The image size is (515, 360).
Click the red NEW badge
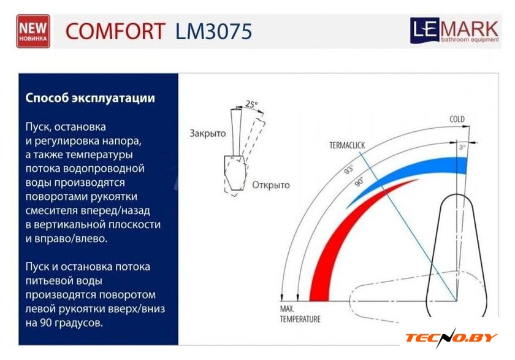tap(33, 31)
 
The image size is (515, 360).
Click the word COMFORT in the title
tap(115, 31)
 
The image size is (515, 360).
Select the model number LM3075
tap(213, 31)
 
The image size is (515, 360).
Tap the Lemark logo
tap(454, 31)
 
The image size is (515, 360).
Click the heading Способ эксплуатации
tap(90, 98)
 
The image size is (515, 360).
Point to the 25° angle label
tap(251, 104)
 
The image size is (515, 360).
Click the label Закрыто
tap(208, 133)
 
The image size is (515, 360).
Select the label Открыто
tap(271, 185)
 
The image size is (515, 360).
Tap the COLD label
tap(457, 119)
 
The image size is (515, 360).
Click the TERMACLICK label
tap(347, 145)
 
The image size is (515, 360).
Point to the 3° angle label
tap(462, 147)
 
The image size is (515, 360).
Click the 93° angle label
tap(349, 169)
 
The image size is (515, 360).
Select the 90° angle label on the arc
tap(359, 182)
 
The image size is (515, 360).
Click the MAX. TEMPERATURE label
tap(300, 314)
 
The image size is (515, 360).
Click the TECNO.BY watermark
tap(451, 338)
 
